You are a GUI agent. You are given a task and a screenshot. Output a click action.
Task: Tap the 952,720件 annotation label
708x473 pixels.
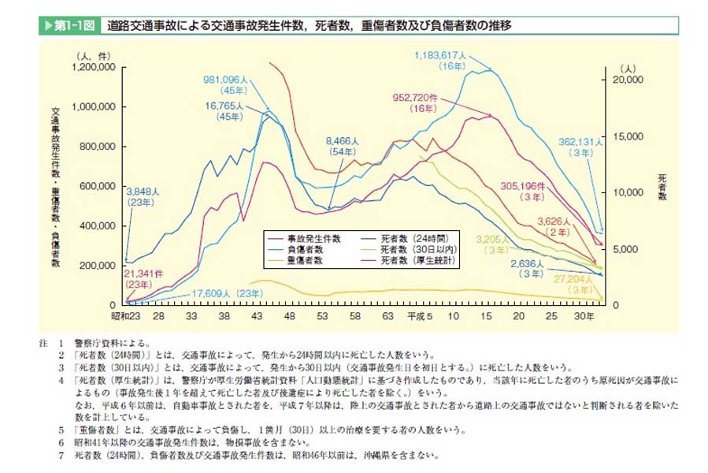click(x=421, y=98)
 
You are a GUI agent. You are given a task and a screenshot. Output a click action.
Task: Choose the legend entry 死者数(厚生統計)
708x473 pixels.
click(x=420, y=259)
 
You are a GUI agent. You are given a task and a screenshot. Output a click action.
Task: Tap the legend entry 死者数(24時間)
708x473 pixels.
click(x=421, y=237)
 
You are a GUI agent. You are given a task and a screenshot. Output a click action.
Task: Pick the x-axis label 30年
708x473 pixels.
click(x=584, y=315)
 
